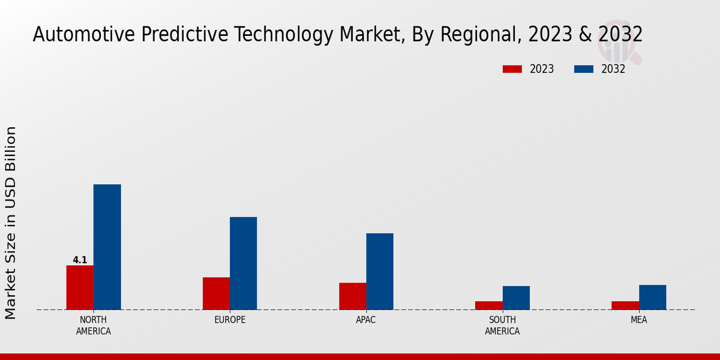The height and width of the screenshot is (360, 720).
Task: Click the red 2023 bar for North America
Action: (80, 287)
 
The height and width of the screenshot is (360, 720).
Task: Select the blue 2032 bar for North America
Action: (107, 247)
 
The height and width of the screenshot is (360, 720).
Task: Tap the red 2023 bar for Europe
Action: (216, 293)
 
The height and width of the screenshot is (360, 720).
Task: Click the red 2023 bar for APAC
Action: (352, 296)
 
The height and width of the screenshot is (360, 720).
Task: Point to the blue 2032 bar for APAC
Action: (380, 271)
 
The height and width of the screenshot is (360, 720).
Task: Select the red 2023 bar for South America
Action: (488, 305)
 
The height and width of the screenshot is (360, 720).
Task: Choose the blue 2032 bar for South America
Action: (516, 298)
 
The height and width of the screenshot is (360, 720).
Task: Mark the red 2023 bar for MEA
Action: (625, 305)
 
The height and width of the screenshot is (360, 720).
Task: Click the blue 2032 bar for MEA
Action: (652, 297)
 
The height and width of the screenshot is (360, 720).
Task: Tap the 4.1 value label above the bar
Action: (80, 260)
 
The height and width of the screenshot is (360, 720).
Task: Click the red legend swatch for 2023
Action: (512, 69)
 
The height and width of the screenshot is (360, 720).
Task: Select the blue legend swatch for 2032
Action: (583, 69)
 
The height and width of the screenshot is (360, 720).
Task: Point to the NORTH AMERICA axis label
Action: (94, 325)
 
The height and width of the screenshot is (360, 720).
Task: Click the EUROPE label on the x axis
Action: (230, 320)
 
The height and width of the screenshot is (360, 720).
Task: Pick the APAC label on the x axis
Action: (366, 320)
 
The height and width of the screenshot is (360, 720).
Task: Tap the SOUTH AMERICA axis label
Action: (502, 325)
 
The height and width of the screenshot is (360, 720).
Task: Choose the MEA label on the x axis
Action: (638, 320)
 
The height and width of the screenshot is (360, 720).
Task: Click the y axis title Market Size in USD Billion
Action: (11, 222)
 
